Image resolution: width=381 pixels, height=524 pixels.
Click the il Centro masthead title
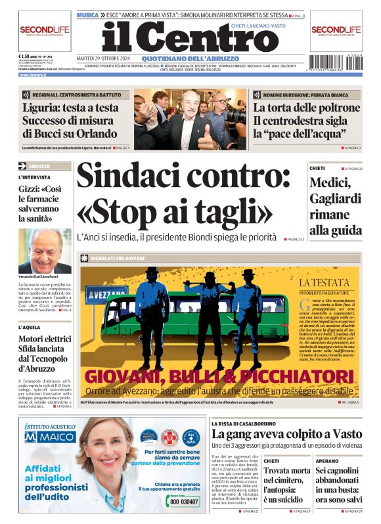[x=190, y=37]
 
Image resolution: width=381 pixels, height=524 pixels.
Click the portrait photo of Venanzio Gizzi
[x=45, y=250]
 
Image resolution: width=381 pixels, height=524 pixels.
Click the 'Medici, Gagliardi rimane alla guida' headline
[x=336, y=207]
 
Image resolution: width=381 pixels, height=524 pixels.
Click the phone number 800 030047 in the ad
[x=185, y=501]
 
